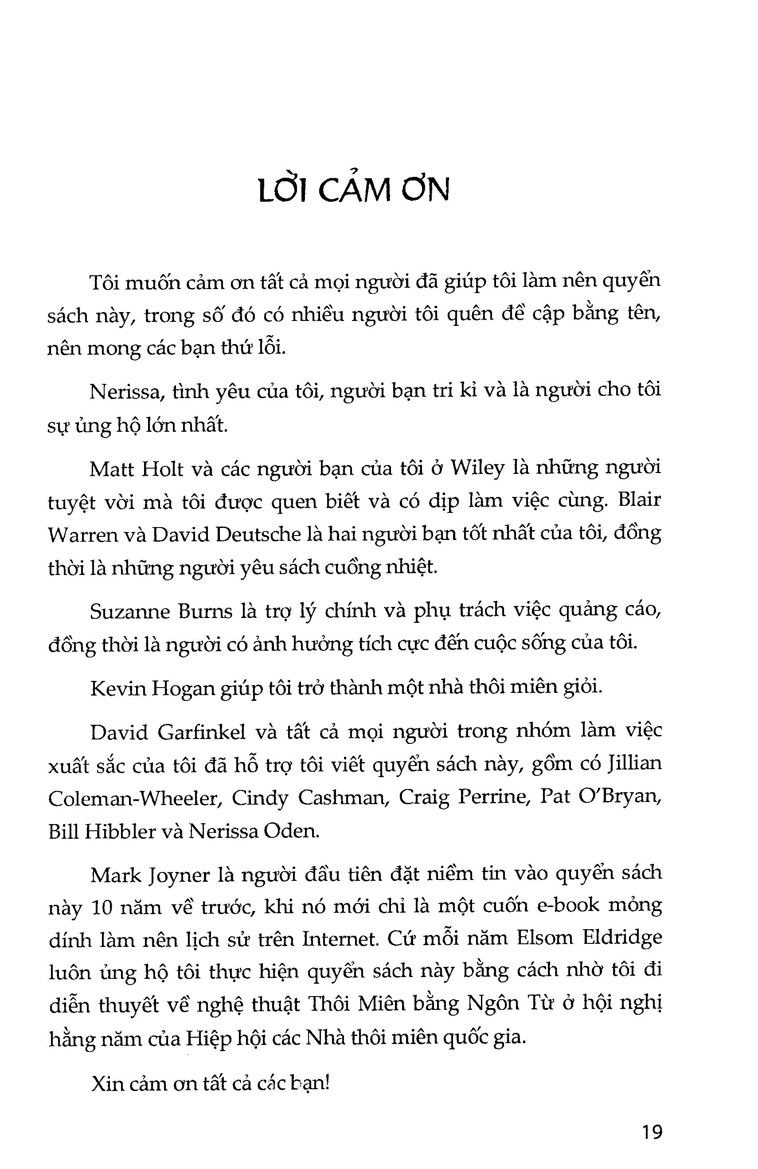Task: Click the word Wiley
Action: pyautogui.click(x=477, y=469)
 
